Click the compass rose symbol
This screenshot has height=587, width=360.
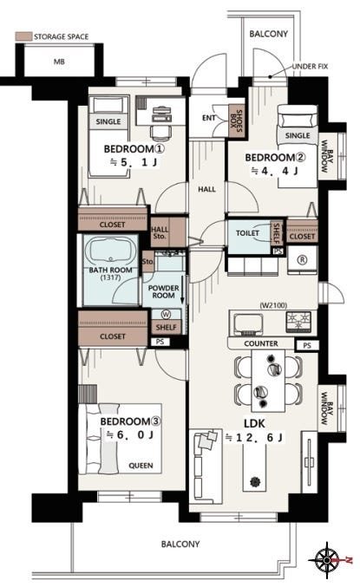[327, 560]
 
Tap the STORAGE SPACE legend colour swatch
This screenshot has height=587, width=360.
[23, 36]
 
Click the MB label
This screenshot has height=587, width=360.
[59, 62]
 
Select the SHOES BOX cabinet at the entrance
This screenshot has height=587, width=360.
[237, 120]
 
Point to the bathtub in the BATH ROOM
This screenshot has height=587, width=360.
[110, 252]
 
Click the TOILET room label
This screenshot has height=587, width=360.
[247, 233]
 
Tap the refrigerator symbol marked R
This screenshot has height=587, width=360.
[302, 260]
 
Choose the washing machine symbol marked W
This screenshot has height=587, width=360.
[166, 314]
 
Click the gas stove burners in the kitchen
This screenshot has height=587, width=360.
[298, 322]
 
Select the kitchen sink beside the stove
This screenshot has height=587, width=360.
[248, 324]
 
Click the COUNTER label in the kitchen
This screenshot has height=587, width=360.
[261, 343]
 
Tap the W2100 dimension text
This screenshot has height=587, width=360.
[273, 305]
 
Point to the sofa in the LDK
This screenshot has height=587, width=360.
[206, 467]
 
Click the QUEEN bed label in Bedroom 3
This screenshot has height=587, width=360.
[141, 466]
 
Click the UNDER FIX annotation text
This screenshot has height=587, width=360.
[310, 66]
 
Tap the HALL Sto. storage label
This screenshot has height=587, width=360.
[160, 232]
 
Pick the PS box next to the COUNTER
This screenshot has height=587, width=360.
[307, 345]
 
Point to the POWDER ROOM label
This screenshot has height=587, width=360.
[163, 291]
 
